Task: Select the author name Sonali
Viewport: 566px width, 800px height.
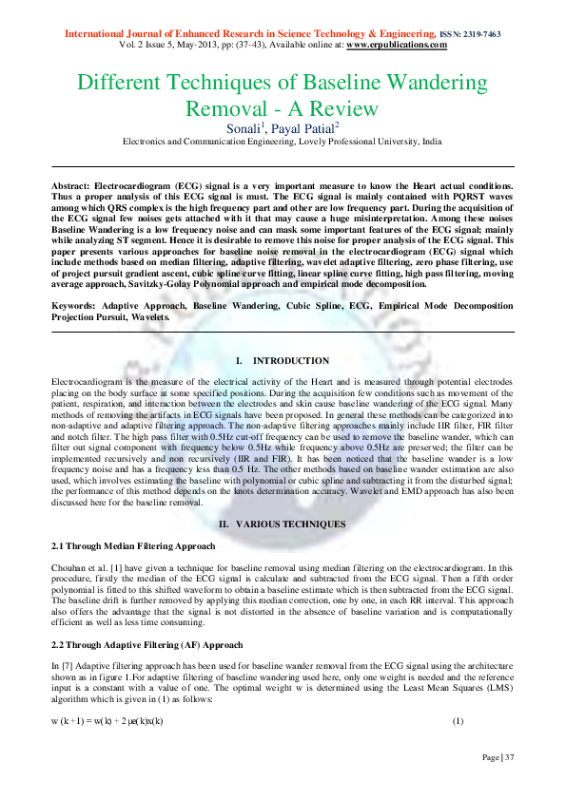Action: [x=245, y=126]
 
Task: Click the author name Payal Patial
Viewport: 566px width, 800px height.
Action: [x=301, y=126]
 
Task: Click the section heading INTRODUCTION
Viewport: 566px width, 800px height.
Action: [x=291, y=361]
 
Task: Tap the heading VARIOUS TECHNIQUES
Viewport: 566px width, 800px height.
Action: [x=291, y=524]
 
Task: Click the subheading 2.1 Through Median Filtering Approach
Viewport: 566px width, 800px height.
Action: [x=132, y=546]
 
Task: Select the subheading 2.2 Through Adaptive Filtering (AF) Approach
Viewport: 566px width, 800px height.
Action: [x=146, y=645]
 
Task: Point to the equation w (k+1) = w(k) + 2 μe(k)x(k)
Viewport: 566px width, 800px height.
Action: [x=107, y=721]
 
